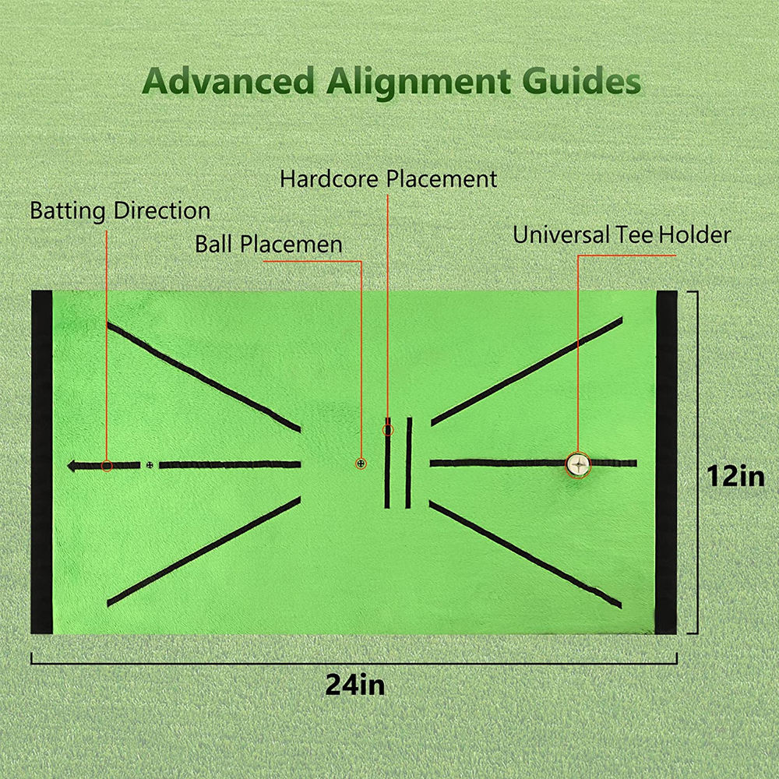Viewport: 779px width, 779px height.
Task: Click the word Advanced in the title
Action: tap(228, 80)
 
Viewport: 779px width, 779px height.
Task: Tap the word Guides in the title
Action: tap(581, 80)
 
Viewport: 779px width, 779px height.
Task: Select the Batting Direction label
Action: tap(120, 210)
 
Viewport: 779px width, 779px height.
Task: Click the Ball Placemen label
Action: tap(268, 244)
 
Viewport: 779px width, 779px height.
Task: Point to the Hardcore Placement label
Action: tap(388, 179)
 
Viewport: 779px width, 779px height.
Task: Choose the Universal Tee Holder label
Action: tap(622, 234)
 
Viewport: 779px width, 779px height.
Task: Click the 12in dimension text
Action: tap(736, 477)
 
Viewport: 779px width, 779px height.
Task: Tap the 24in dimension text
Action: tap(354, 685)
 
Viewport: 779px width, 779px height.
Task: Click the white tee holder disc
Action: tap(578, 465)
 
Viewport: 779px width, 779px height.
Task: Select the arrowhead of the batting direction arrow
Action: tap(72, 466)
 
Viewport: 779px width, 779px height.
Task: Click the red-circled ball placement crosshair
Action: tap(361, 464)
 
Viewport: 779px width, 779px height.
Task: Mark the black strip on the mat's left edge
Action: tap(42, 462)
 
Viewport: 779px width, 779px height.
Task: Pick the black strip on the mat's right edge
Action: tap(666, 462)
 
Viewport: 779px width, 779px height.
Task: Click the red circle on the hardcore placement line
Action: tap(388, 430)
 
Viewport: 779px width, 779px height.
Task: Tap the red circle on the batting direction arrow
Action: tap(106, 466)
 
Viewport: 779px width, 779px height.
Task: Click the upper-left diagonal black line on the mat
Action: tap(203, 376)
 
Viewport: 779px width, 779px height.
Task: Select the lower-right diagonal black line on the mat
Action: tap(525, 555)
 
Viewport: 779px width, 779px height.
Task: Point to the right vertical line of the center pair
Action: tap(409, 463)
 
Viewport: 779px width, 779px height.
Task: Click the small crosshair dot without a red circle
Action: tap(150, 465)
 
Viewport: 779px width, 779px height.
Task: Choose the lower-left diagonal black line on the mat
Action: tap(203, 552)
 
